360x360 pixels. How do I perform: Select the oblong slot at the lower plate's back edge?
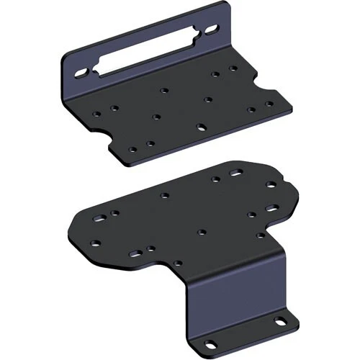tap(235, 174)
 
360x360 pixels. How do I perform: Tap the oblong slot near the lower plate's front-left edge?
tap(135, 253)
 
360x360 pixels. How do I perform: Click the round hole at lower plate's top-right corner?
tap(270, 185)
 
